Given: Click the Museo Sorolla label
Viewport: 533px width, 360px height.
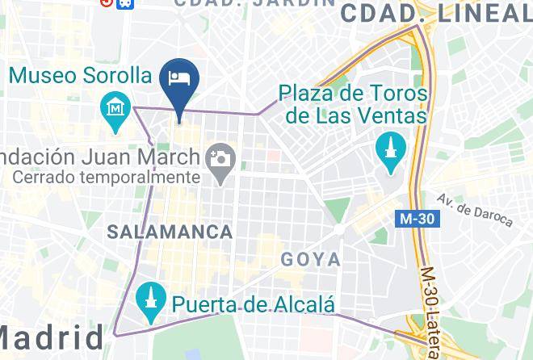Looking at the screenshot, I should point(81,76).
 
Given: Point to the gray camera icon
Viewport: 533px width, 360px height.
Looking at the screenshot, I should point(218,158).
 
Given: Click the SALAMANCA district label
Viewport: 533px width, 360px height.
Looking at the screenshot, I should point(169,232).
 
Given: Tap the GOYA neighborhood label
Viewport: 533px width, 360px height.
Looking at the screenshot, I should point(310,260).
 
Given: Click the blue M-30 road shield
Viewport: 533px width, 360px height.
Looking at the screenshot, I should point(418,218).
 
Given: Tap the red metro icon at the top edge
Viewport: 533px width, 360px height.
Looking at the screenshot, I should point(107,2).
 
